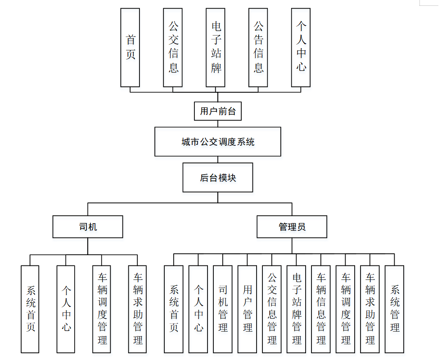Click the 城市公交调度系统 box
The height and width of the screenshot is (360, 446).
click(x=218, y=142)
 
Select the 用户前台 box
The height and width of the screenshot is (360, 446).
click(x=218, y=111)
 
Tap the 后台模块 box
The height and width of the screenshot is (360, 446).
click(x=218, y=177)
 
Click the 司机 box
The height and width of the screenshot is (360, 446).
click(x=88, y=227)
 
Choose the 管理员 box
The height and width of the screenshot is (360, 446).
click(x=292, y=227)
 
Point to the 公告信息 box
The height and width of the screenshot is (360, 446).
click(x=258, y=47)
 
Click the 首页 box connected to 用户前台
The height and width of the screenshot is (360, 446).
click(x=130, y=47)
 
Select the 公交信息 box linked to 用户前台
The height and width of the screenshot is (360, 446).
click(x=173, y=47)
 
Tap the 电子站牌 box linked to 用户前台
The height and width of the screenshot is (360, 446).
click(x=216, y=47)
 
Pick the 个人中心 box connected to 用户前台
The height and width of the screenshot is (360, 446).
click(x=301, y=47)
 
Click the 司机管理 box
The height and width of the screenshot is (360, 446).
click(x=223, y=309)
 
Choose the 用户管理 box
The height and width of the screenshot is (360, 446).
click(x=247, y=309)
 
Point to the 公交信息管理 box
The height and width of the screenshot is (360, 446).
click(x=272, y=309)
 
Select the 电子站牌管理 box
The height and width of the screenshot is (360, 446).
click(x=296, y=309)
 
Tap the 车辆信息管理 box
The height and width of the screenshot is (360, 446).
click(x=321, y=309)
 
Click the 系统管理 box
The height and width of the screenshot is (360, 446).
click(x=395, y=309)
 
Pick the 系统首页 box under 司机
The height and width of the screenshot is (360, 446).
click(x=30, y=309)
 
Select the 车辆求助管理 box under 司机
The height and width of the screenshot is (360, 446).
click(x=138, y=309)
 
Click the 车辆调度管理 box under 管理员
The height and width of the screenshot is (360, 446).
click(x=345, y=309)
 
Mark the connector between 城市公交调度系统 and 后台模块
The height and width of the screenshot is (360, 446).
click(x=218, y=160)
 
